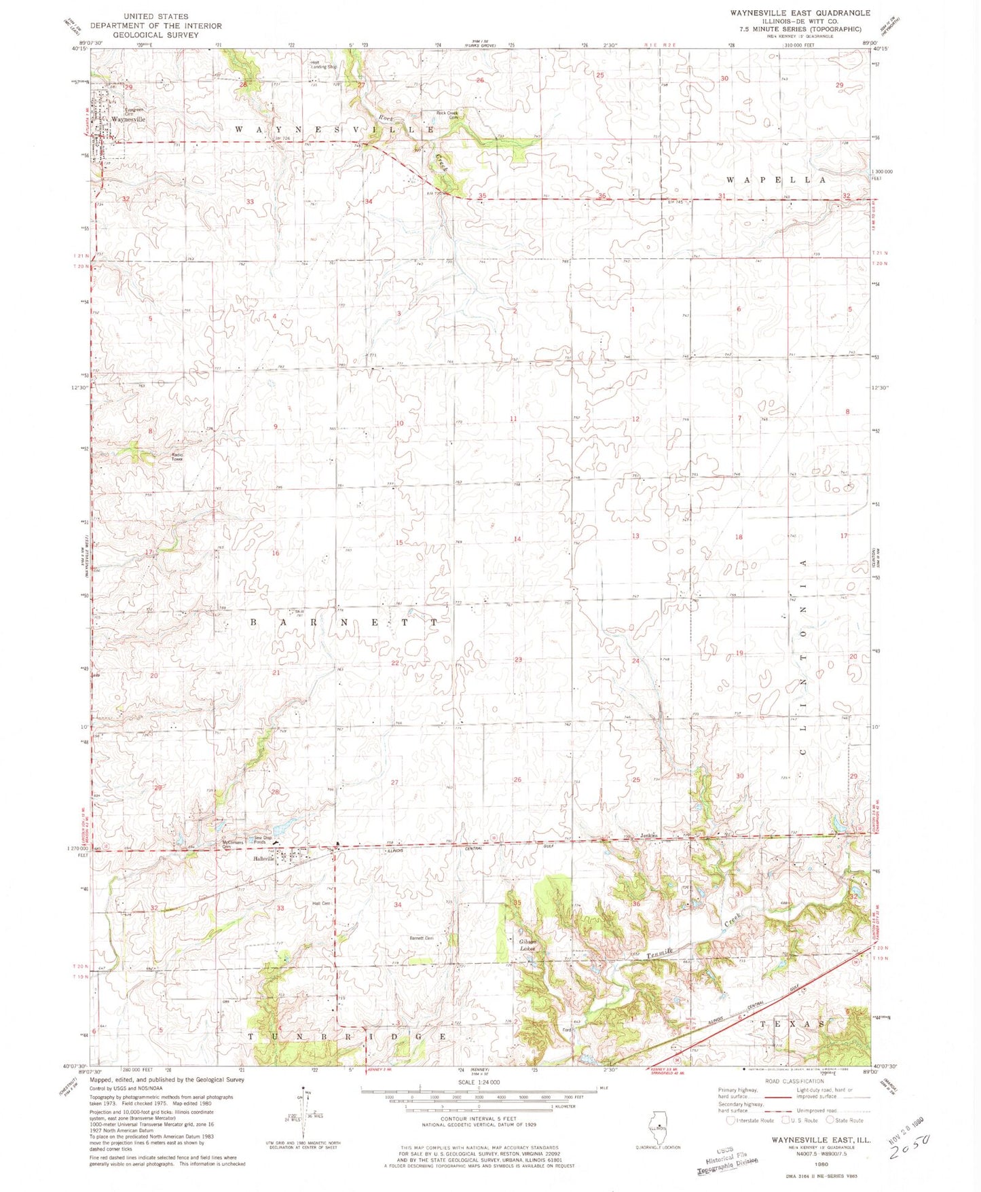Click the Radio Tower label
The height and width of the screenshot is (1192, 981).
tap(177, 457)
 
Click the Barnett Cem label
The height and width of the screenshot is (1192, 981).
tap(420, 938)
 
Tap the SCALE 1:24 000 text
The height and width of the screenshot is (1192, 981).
tap(479, 1082)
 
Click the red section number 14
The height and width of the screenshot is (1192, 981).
tap(517, 539)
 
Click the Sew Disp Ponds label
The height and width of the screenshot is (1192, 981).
tap(262, 839)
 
